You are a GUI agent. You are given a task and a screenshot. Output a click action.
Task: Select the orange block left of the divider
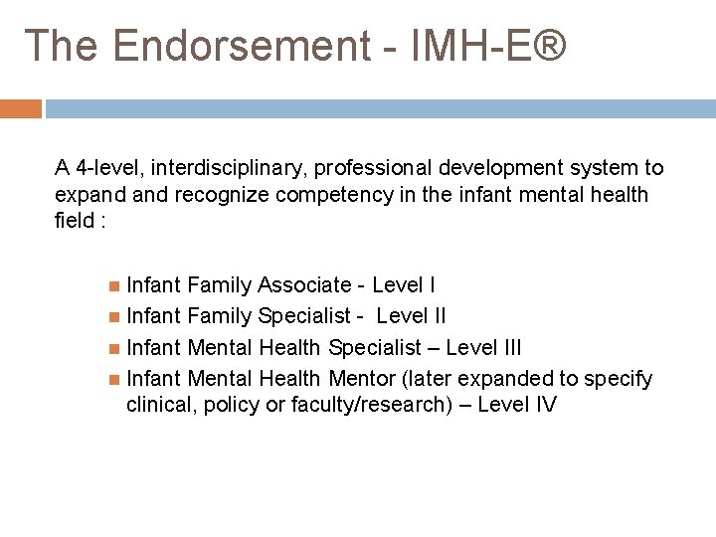pos(21,107)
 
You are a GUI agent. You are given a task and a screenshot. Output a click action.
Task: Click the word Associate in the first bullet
pos(303,286)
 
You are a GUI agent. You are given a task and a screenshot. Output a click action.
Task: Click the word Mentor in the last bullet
pos(356,378)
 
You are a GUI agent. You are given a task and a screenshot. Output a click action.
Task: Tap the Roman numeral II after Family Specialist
pos(437,316)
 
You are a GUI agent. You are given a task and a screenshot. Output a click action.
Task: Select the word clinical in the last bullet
pos(161,404)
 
